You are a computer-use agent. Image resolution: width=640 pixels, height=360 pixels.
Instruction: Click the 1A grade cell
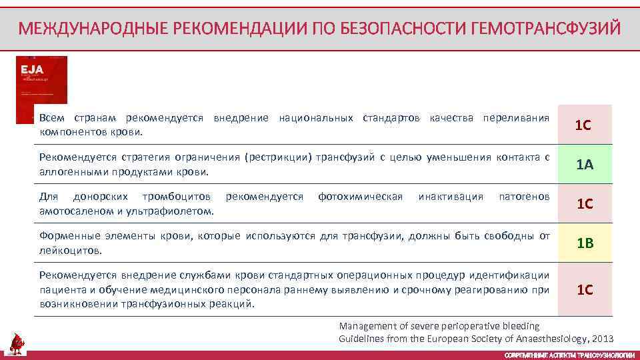click(585, 165)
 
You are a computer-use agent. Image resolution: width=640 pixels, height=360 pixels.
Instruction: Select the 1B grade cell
click(585, 243)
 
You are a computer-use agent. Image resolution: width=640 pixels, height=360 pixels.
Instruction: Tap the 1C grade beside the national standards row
click(585, 125)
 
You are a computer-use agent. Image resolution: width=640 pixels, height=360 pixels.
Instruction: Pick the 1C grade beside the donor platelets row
click(585, 204)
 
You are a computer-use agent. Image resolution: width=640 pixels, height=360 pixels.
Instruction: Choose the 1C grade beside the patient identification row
click(585, 290)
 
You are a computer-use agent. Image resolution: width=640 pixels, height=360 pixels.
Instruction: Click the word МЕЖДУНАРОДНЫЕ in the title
click(93, 29)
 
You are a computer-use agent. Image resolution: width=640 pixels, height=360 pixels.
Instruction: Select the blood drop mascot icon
click(17, 344)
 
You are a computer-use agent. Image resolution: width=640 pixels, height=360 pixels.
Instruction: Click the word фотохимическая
click(360, 197)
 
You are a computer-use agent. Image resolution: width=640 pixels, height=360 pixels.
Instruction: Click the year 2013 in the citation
click(601, 338)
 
